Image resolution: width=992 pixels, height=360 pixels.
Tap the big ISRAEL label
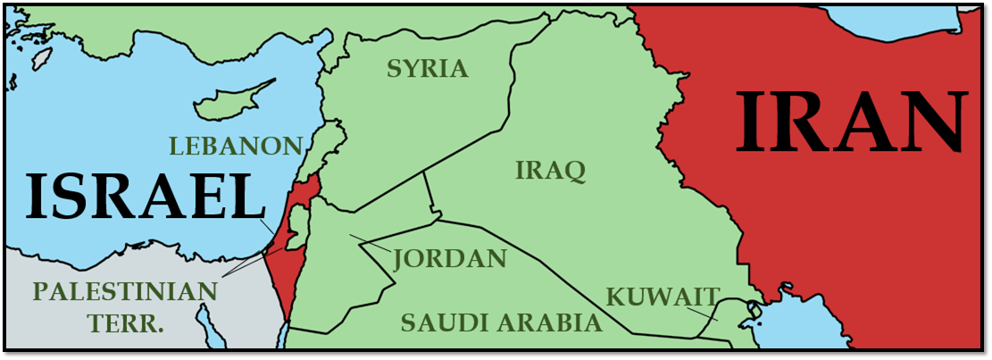(x=141, y=197)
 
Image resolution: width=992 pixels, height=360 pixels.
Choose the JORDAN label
(x=450, y=260)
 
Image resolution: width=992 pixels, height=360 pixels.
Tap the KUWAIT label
(x=663, y=296)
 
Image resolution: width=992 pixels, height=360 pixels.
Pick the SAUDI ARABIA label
(x=501, y=322)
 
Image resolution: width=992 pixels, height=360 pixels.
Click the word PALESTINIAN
(x=125, y=291)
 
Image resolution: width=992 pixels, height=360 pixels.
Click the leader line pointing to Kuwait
(x=705, y=310)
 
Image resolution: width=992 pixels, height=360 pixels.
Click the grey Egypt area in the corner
(x=134, y=339)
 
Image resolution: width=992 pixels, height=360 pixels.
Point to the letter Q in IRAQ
(x=573, y=171)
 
